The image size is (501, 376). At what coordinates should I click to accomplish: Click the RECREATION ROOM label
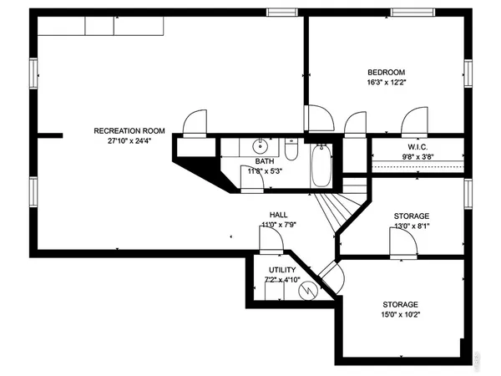point(129,130)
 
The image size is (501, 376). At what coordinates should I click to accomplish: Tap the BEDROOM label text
point(386,72)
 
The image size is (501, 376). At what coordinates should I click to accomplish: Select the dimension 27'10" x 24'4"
point(129,141)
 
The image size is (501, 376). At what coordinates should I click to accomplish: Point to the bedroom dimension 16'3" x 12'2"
point(386,83)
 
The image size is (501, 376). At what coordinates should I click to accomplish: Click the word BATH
point(264,161)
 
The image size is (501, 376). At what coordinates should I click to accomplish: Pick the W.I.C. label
point(417,145)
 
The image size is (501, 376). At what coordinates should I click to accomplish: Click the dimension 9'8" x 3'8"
point(417,155)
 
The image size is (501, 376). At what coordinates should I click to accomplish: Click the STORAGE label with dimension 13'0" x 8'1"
point(412,216)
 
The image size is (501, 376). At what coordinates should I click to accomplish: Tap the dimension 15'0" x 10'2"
point(400,315)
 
